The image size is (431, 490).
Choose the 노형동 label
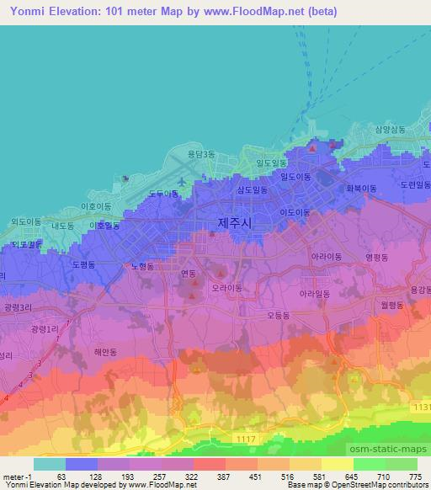[142, 266]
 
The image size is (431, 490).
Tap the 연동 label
[188, 274]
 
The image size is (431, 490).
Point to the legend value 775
[413, 477]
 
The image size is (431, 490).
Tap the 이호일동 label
[104, 226]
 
